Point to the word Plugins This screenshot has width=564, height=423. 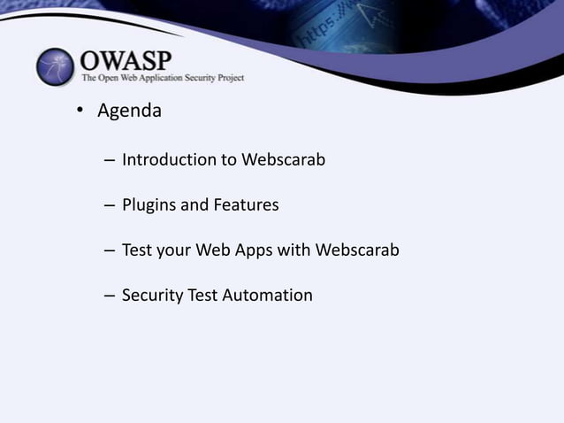149,205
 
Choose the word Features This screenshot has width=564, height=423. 246,205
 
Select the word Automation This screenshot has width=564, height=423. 268,296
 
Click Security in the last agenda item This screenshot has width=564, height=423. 152,296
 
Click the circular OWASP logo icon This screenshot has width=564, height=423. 56,67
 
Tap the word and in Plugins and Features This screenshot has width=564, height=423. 195,205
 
